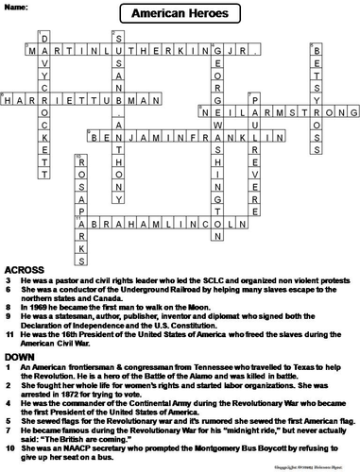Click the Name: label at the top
[x=17, y=7]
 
